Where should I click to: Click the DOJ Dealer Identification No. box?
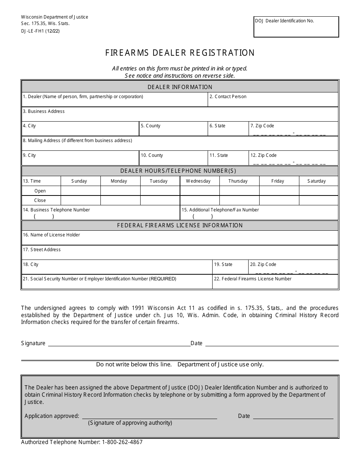click(296, 27)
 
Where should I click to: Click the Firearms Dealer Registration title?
click(180, 53)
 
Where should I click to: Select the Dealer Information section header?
click(180, 87)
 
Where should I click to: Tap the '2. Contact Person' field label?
click(228, 97)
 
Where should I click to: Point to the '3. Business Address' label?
click(44, 111)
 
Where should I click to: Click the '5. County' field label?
click(150, 126)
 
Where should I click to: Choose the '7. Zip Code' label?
click(262, 126)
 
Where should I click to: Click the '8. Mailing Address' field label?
click(77, 141)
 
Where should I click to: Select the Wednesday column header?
click(198, 181)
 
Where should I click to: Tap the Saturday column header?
click(316, 181)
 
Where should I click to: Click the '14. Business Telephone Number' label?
click(56, 210)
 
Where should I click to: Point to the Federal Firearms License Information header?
click(180, 225)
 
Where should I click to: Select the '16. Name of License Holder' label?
click(52, 235)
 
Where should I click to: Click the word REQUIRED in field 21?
click(163, 279)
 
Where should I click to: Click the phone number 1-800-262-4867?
click(122, 442)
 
